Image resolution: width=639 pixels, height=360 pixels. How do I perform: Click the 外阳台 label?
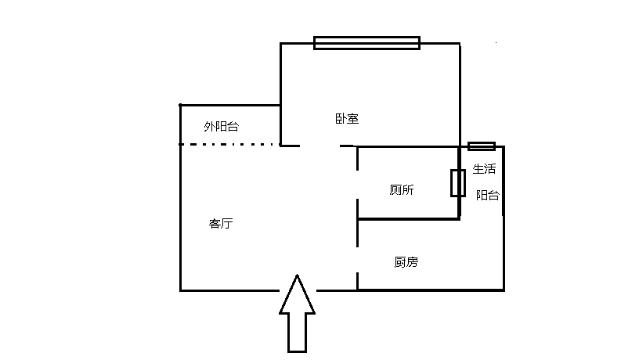(221, 127)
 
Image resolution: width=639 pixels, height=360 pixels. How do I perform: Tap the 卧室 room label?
(347, 119)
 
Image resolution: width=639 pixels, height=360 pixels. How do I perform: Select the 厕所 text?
(402, 189)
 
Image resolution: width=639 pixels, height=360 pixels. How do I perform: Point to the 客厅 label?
(221, 224)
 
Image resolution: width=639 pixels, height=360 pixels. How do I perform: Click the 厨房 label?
(406, 262)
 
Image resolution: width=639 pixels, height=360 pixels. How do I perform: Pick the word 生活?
(484, 168)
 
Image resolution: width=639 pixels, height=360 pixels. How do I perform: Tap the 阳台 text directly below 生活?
(488, 196)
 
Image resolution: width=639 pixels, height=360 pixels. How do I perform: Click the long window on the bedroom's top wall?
(366, 43)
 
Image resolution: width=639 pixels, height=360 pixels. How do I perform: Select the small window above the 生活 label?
(482, 146)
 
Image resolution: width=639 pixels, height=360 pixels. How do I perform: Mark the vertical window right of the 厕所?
(458, 182)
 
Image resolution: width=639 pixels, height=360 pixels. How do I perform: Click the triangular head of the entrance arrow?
(298, 296)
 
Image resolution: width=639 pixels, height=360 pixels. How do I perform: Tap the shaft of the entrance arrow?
(298, 332)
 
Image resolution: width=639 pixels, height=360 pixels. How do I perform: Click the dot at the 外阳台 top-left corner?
(180, 105)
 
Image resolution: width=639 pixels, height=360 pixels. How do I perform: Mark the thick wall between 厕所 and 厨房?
(407, 219)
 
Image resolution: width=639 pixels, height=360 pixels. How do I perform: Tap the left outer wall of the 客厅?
(181, 219)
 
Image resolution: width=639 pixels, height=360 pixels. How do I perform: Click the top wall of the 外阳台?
(230, 105)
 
